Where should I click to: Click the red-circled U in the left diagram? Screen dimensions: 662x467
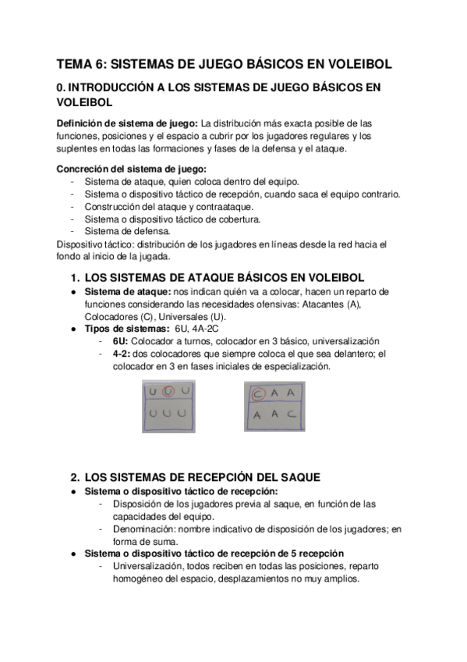point(169,391)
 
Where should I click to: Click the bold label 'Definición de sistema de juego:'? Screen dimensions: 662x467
point(127,123)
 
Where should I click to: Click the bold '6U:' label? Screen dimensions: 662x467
point(120,341)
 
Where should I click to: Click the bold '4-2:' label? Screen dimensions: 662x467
point(122,354)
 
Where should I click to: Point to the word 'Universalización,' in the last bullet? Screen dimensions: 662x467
point(152,566)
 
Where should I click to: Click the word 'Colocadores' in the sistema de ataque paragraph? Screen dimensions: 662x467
point(96,316)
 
